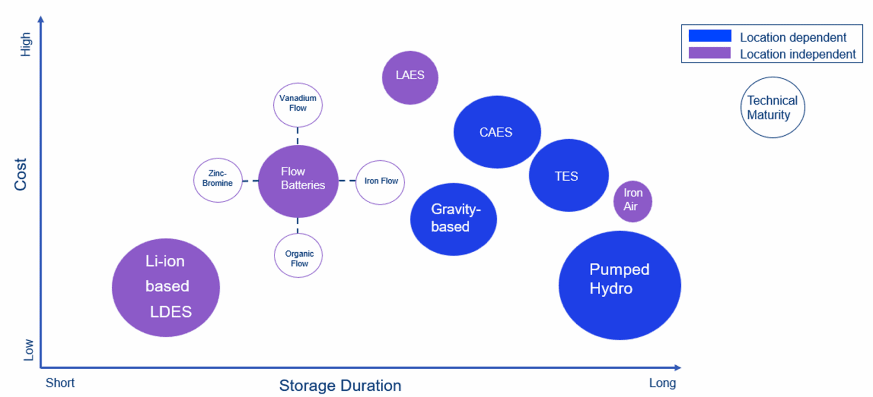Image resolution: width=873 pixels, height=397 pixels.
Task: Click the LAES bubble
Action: click(x=410, y=77)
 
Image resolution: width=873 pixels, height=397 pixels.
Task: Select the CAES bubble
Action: click(x=496, y=132)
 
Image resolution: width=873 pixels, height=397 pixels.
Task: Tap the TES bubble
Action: click(x=568, y=175)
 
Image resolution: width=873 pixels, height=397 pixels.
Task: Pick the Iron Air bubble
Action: click(x=632, y=200)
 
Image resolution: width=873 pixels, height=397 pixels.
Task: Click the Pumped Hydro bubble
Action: click(x=619, y=285)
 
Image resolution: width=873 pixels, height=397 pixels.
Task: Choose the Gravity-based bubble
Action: click(x=453, y=219)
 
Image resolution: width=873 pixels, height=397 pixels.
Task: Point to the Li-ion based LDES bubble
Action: click(x=165, y=287)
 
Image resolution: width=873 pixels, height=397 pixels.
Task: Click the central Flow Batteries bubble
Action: click(x=298, y=181)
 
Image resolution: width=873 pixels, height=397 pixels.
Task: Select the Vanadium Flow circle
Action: click(x=298, y=105)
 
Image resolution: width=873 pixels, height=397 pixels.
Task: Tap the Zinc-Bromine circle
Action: click(x=218, y=180)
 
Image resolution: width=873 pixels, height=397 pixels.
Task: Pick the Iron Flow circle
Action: click(x=380, y=182)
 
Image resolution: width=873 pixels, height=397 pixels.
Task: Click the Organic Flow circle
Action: click(x=298, y=256)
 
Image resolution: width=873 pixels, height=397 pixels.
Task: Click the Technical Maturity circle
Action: click(x=772, y=107)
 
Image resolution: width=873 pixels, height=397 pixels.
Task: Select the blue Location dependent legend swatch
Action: click(x=709, y=36)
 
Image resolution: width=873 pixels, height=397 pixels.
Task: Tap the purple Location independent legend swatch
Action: click(x=709, y=53)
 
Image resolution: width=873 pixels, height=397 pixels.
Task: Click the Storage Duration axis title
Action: click(x=340, y=386)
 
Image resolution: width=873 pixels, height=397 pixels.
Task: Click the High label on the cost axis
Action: click(x=26, y=44)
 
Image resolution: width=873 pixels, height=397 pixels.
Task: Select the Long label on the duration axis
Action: click(x=662, y=383)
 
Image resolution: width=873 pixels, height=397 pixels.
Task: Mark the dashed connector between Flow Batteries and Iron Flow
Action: click(x=347, y=181)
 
